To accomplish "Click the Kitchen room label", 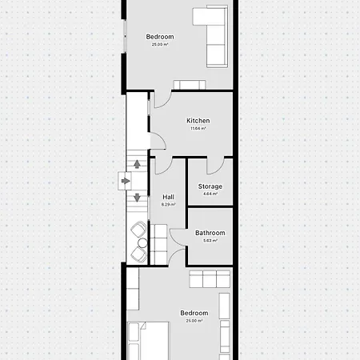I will click(198, 121).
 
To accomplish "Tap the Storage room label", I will click(210, 186).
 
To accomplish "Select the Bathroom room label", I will click(210, 233).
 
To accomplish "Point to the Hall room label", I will click(168, 197).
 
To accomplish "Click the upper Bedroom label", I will click(159, 37).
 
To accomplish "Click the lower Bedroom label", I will click(194, 313).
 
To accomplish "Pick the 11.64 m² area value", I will click(198, 128).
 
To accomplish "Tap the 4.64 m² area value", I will click(210, 194).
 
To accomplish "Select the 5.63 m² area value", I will click(210, 240).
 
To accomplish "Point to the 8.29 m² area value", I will click(168, 204).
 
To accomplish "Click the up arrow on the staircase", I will click(137, 165).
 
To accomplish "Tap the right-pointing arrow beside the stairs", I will click(126, 182).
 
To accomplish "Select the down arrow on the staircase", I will click(137, 197).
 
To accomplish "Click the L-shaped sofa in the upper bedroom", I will click(217, 36).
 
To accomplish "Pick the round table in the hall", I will click(142, 242).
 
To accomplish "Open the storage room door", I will click(214, 166).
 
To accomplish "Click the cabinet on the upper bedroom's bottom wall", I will click(193, 85).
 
